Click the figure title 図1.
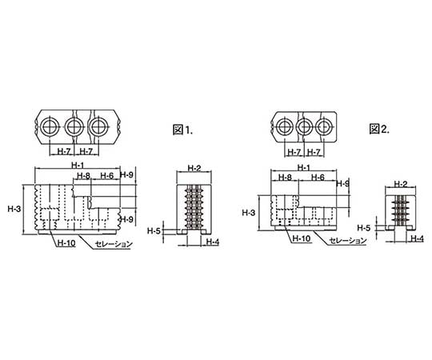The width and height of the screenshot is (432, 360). tap(182, 130)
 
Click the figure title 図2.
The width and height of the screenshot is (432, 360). tap(379, 129)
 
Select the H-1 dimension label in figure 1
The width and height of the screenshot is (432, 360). tap(78, 166)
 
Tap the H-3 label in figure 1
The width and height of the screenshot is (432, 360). tap(14, 209)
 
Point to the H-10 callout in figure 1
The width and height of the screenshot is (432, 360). tap(66, 243)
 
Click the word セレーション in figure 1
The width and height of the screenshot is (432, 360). tap(114, 244)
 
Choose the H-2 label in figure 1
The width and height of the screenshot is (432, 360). tap(194, 168)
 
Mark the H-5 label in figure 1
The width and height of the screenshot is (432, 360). tap(154, 230)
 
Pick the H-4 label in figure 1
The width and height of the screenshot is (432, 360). tap(213, 242)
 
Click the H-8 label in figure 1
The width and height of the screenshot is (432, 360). tap(83, 176)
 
